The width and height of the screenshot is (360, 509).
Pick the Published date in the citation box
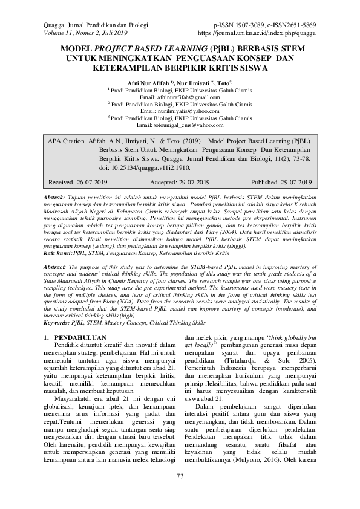tap(292, 182)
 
